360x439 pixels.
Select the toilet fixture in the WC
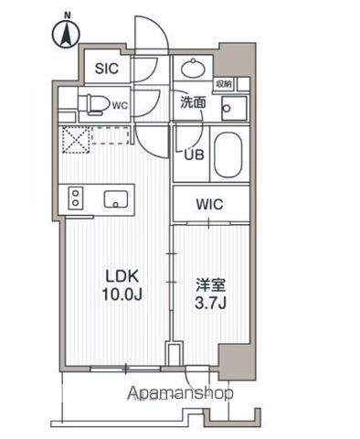(x=92, y=104)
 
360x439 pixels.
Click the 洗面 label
(x=192, y=103)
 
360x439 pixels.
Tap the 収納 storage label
(x=224, y=84)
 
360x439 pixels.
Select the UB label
(x=194, y=155)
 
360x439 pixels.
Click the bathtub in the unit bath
(x=228, y=155)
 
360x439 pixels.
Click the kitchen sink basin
(x=117, y=198)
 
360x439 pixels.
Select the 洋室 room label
(x=209, y=284)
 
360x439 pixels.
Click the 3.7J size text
(x=209, y=303)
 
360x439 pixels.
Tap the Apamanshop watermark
(x=181, y=393)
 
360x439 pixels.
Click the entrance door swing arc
(x=149, y=37)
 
